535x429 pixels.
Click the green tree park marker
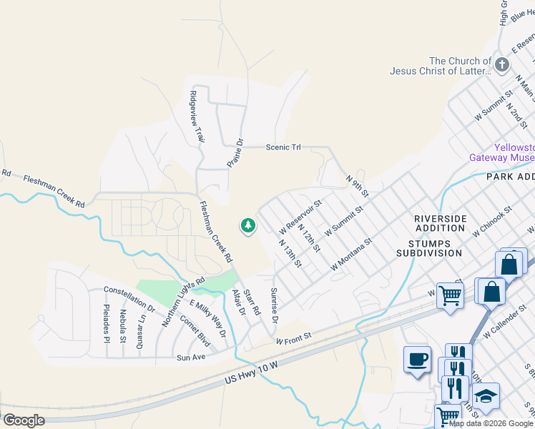point(248,226)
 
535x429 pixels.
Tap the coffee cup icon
point(417,359)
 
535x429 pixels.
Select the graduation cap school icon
point(486,397)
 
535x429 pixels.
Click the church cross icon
point(502,66)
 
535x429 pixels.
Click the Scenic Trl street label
point(283,147)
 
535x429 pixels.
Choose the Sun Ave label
point(191,356)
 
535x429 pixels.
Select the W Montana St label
point(353,255)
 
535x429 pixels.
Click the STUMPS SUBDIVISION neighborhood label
point(429,247)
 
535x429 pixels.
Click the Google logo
point(24,420)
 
